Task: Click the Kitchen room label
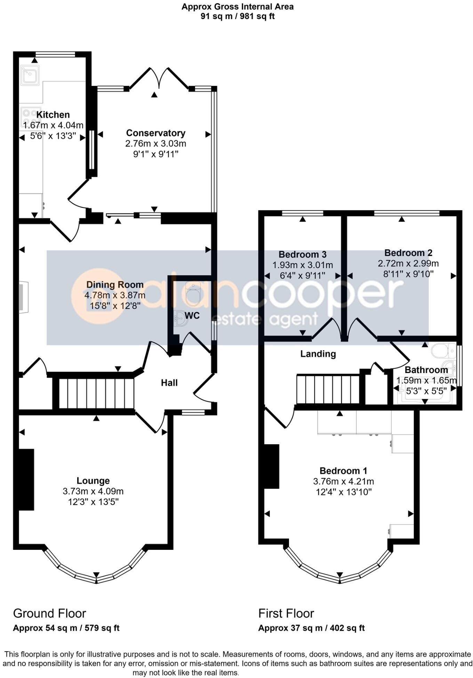click(x=53, y=115)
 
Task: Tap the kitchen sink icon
click(x=30, y=75)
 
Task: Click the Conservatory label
click(x=155, y=133)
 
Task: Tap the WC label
click(x=192, y=316)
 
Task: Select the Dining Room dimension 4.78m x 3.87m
click(x=115, y=295)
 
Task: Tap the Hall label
click(x=169, y=383)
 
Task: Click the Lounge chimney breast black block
click(x=26, y=479)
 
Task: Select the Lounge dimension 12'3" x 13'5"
click(x=93, y=502)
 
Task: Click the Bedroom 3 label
click(x=302, y=255)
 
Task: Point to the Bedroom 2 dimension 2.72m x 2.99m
click(x=408, y=263)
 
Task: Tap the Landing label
click(x=318, y=354)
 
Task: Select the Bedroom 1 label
click(x=343, y=471)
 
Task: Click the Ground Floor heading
click(x=49, y=613)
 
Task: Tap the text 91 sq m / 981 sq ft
click(x=238, y=16)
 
